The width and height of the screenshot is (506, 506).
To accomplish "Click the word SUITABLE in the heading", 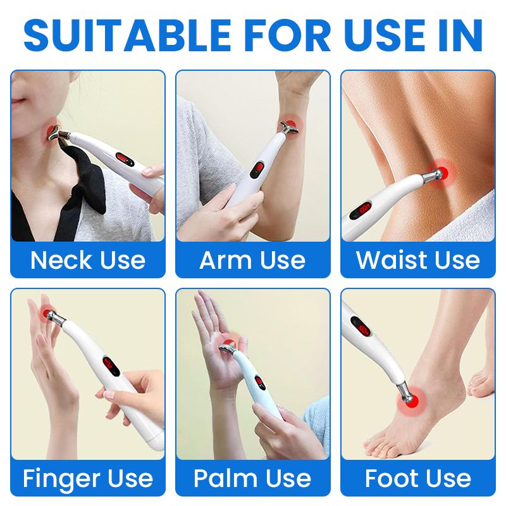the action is point(128,35).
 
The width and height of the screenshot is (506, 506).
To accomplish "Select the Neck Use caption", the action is point(88,260).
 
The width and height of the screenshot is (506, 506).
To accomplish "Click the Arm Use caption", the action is point(252,260).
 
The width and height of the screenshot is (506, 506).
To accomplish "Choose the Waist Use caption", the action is point(418,260).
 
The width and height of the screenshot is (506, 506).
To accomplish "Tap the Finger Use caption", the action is point(88,479).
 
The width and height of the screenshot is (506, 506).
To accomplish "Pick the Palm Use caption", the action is point(252,478).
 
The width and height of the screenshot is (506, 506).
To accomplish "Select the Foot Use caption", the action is point(418,478).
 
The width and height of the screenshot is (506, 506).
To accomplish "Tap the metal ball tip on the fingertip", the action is point(51,314).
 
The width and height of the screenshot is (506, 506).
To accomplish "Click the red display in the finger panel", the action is point(110,364).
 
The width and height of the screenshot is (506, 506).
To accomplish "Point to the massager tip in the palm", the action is point(228,349).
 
